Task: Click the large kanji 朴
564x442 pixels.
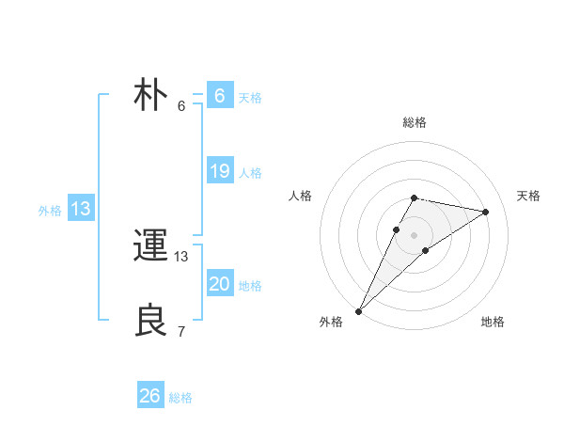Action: coord(150,96)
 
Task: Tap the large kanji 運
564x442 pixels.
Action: coord(150,246)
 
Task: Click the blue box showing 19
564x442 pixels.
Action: coord(220,171)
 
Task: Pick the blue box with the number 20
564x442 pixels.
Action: coord(220,284)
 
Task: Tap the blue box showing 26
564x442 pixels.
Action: coord(150,396)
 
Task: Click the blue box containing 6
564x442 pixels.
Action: coord(220,96)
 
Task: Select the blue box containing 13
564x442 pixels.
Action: coord(81,209)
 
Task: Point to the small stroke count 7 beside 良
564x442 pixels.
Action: coord(181,331)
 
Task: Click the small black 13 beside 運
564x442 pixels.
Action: coord(181,256)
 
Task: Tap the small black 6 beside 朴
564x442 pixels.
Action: coord(181,105)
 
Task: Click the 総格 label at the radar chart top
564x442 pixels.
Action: coord(415,122)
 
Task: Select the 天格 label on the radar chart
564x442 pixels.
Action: coord(529,196)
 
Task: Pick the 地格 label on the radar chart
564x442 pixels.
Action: coord(493,322)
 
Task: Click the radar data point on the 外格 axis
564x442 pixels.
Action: coord(359,310)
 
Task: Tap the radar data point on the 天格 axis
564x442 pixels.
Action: coord(486,212)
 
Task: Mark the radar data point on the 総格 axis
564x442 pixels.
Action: coord(415,197)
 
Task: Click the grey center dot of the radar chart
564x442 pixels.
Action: coord(415,235)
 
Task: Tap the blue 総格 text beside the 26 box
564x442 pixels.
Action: coord(180,398)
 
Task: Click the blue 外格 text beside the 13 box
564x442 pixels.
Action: coord(50,211)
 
